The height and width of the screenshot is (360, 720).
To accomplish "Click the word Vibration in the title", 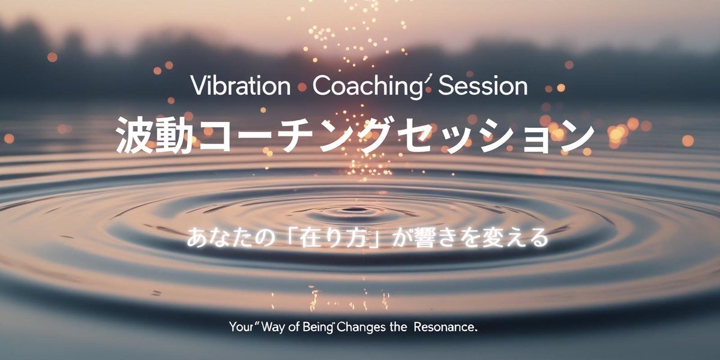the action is (241, 86).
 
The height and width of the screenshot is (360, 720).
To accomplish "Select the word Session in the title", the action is (483, 86).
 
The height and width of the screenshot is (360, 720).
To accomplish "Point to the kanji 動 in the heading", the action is (175, 135).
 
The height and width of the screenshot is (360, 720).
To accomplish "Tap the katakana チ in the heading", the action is (296, 135).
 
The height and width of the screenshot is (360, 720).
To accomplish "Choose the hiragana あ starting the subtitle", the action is (197, 238).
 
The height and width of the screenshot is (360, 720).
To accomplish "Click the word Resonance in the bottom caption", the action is (444, 327).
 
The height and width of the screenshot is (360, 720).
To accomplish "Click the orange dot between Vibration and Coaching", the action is (302, 87).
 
